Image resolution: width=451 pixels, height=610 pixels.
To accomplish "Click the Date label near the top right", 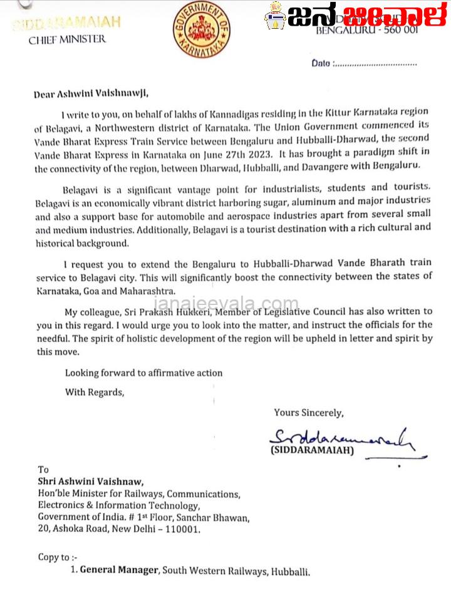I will click(x=322, y=63).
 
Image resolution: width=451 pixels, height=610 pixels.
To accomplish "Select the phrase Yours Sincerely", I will click(x=308, y=413).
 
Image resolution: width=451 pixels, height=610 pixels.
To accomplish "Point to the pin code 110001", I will click(x=182, y=529).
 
